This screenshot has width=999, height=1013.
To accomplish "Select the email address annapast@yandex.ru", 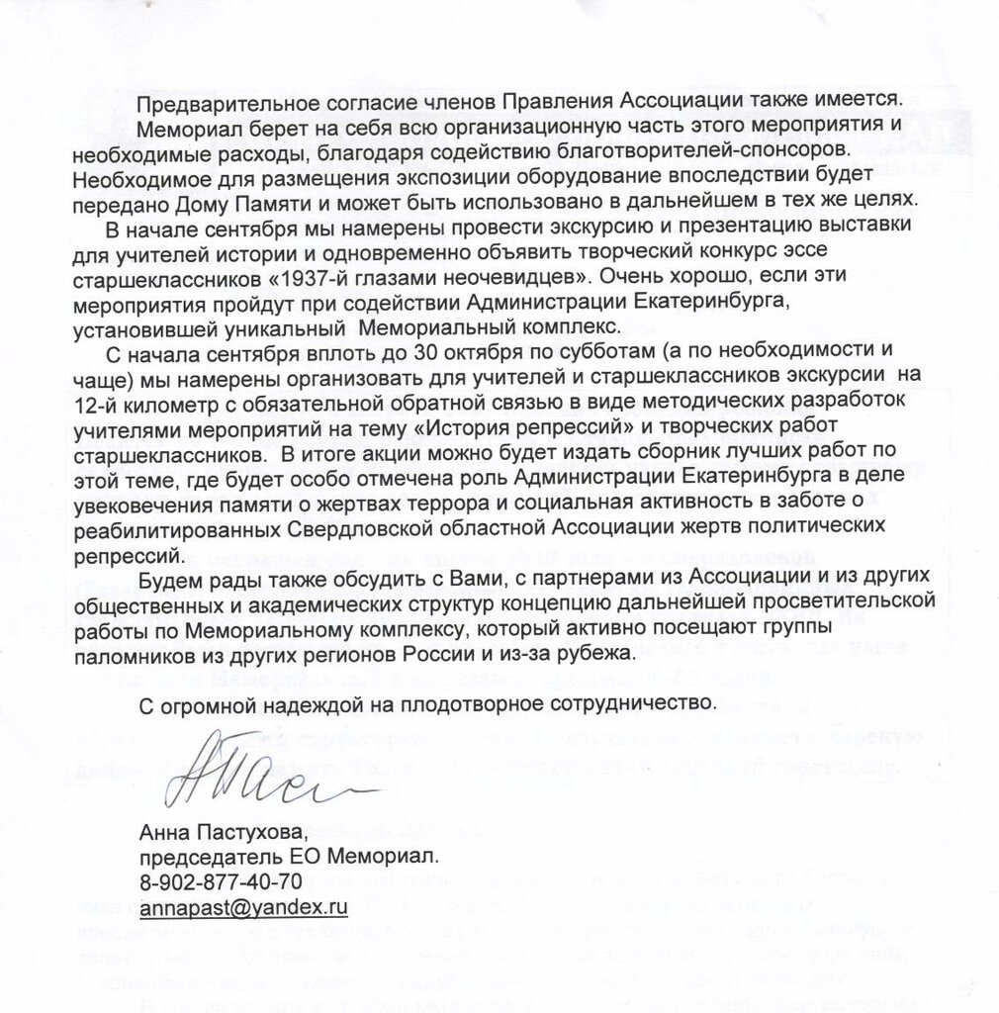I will point(244,905).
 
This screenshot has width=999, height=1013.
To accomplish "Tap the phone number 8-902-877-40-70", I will point(221,879).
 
